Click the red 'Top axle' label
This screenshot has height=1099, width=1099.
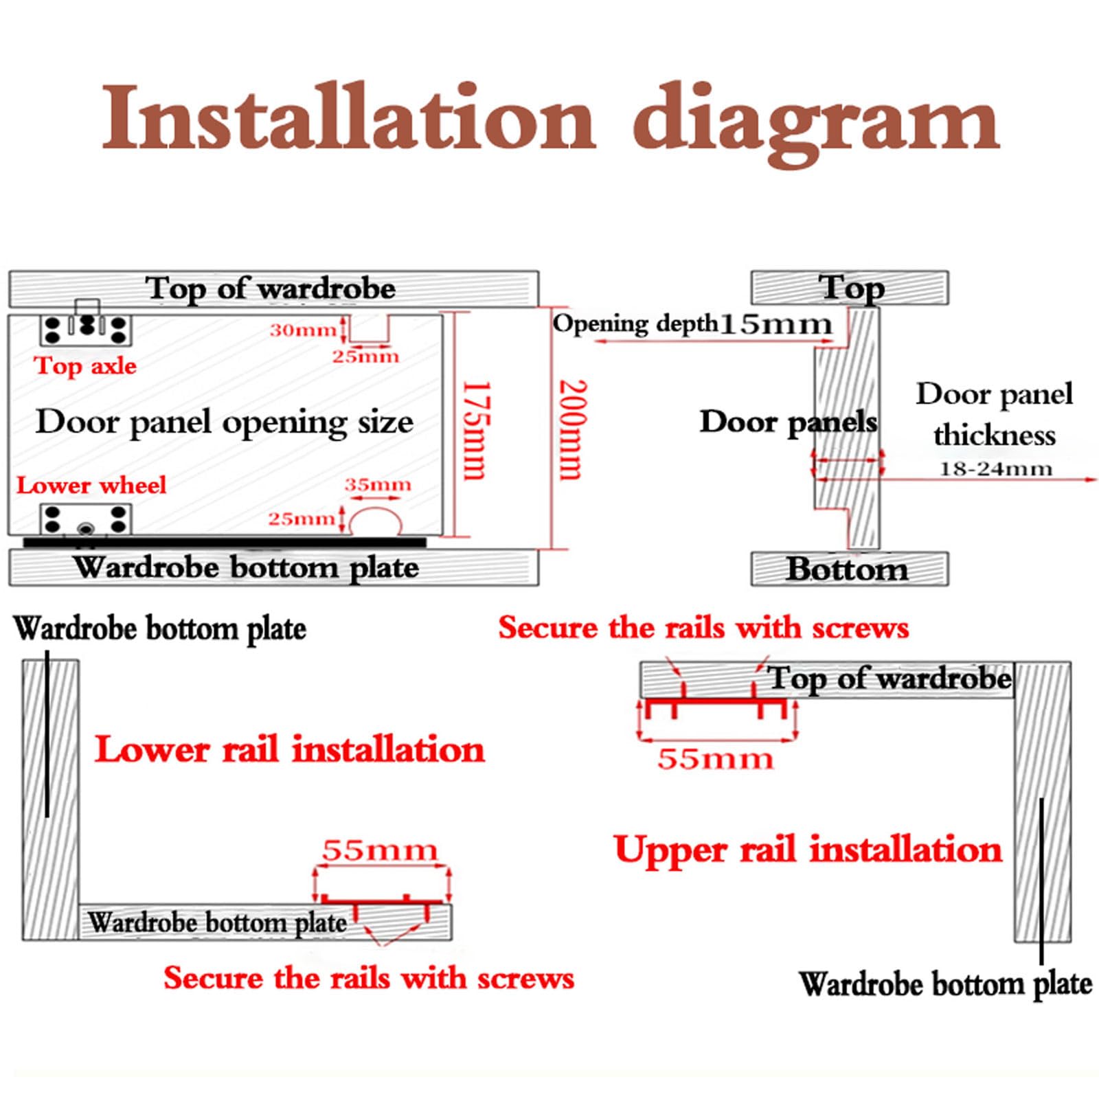[85, 365]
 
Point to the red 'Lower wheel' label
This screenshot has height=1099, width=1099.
[91, 485]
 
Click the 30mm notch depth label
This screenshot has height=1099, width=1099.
[303, 330]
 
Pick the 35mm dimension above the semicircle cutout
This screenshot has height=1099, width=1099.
[378, 484]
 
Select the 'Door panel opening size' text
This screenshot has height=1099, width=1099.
[225, 422]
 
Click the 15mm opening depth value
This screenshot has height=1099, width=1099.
[775, 324]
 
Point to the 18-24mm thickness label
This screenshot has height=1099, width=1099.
[995, 469]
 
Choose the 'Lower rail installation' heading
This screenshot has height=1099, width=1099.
[289, 749]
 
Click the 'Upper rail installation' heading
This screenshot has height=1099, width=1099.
[808, 850]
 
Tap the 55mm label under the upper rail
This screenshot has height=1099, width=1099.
[715, 759]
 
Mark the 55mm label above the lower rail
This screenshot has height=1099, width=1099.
[380, 850]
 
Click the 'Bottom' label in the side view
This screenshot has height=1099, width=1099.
[847, 569]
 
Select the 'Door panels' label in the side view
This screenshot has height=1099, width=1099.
[789, 422]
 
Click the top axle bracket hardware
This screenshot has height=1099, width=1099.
[86, 324]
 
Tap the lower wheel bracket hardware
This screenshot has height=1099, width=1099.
[86, 520]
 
